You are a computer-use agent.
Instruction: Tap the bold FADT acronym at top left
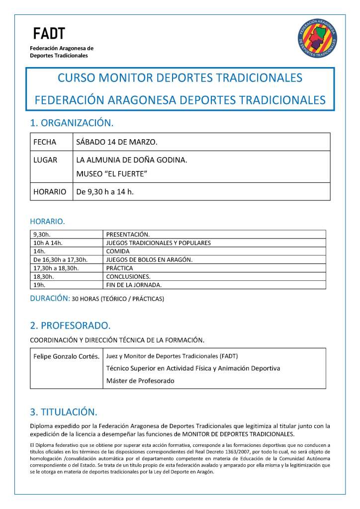(x=48, y=34)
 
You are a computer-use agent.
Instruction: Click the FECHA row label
(x=45, y=142)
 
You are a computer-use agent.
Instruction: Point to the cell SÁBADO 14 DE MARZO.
(x=116, y=142)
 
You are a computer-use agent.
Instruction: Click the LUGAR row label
(x=45, y=160)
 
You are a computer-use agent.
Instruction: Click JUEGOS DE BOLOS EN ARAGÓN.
(x=149, y=260)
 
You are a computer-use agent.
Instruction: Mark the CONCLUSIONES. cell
(x=128, y=277)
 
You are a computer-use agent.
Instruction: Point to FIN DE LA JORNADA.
(x=134, y=285)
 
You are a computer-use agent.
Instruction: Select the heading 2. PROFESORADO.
(x=70, y=326)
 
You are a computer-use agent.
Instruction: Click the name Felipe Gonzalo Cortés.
(x=67, y=356)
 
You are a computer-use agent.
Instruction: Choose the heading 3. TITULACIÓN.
(x=64, y=412)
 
